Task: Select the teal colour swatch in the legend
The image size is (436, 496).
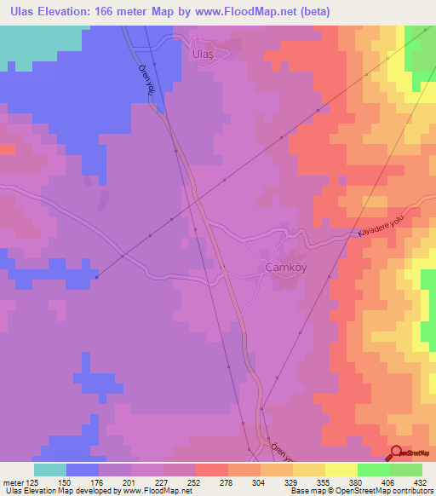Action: [x=50, y=470]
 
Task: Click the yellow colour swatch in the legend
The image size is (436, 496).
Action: [x=341, y=470]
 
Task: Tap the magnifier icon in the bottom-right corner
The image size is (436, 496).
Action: [x=396, y=453]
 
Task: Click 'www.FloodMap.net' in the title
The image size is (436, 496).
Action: [x=261, y=12]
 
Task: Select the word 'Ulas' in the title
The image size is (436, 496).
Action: [x=19, y=12]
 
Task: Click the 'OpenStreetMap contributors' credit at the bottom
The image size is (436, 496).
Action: [x=391, y=491]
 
